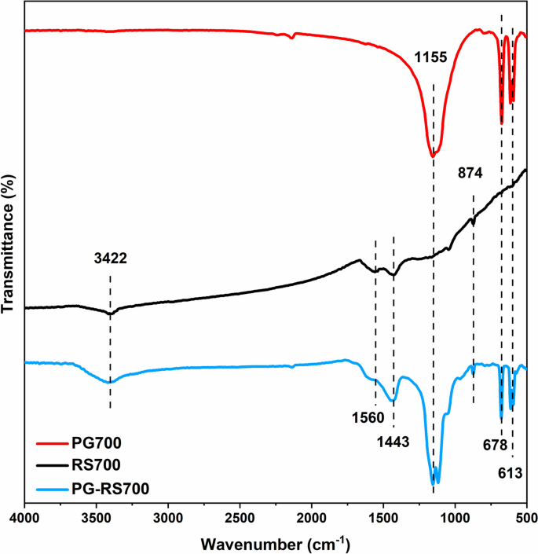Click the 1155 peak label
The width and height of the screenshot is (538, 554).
point(430,57)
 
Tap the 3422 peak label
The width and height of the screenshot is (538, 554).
point(110,258)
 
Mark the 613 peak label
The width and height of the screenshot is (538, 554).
point(513,474)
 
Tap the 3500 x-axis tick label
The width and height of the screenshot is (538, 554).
point(97,519)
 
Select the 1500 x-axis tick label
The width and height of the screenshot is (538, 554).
point(383,519)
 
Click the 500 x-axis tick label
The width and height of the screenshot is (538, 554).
point(525,519)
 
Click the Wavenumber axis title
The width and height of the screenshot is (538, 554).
point(275,543)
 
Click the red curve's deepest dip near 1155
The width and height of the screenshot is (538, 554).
point(433,156)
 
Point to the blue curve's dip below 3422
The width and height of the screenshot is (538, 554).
point(111,383)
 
